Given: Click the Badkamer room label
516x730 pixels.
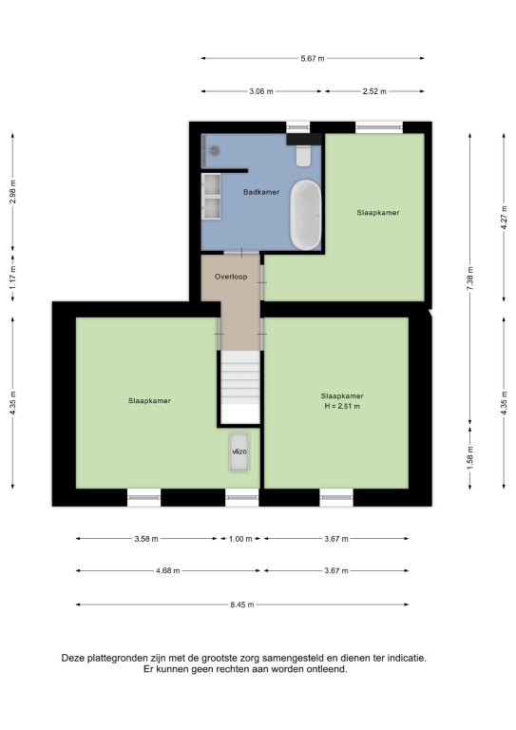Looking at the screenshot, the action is pyautogui.click(x=261, y=192).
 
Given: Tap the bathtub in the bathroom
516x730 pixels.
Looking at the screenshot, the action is pyautogui.click(x=306, y=215).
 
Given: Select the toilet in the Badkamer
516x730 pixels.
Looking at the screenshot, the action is pyautogui.click(x=303, y=155).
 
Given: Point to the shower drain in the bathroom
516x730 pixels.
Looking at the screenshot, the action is pyautogui.click(x=214, y=150).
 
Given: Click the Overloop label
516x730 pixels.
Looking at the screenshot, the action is pyautogui.click(x=231, y=277).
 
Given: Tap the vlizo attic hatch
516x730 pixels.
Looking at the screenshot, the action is pyautogui.click(x=239, y=452).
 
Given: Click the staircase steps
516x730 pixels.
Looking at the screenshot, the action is pyautogui.click(x=240, y=388).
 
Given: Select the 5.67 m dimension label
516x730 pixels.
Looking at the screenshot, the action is pyautogui.click(x=313, y=59).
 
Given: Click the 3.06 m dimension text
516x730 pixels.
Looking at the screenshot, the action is pyautogui.click(x=261, y=91).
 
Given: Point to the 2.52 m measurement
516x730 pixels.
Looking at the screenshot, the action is pyautogui.click(x=374, y=91).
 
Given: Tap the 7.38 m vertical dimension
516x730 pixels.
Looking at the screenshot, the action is pyautogui.click(x=470, y=279).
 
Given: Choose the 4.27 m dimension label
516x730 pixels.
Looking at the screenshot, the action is pyautogui.click(x=504, y=218).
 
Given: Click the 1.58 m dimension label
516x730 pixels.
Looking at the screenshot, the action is pyautogui.click(x=470, y=458).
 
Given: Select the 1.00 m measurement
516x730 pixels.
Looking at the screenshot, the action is pyautogui.click(x=240, y=539).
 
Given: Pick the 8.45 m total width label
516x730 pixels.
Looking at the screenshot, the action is pyautogui.click(x=242, y=605).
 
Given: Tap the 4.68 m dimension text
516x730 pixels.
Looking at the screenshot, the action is pyautogui.click(x=168, y=570).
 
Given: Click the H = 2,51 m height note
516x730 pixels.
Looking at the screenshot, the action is pyautogui.click(x=342, y=407).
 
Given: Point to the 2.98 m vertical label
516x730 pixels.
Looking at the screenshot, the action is pyautogui.click(x=13, y=191).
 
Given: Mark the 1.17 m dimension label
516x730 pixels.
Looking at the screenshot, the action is pyautogui.click(x=13, y=278).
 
